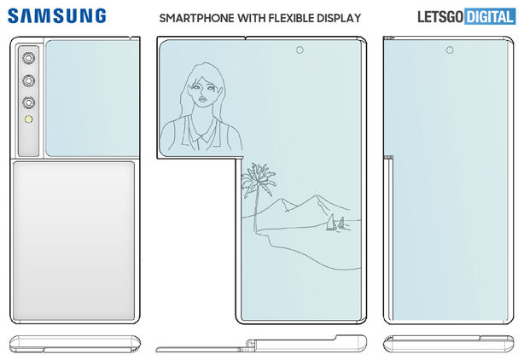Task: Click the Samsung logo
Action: click(57, 16)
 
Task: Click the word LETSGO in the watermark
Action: click(440, 17)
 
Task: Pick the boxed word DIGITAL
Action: click(490, 17)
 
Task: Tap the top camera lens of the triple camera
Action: click(27, 58)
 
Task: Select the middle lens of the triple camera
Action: click(27, 81)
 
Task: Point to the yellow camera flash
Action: click(27, 122)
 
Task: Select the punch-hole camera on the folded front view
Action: click(447, 51)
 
